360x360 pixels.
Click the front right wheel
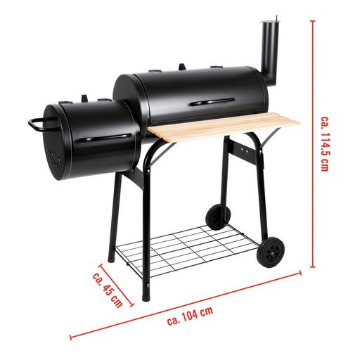271,252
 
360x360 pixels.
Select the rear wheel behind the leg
217,217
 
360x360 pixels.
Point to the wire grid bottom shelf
188,249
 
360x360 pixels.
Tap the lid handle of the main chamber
209,103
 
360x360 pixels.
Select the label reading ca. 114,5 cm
324,144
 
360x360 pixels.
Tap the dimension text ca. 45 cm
106,288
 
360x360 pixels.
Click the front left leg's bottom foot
146,295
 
